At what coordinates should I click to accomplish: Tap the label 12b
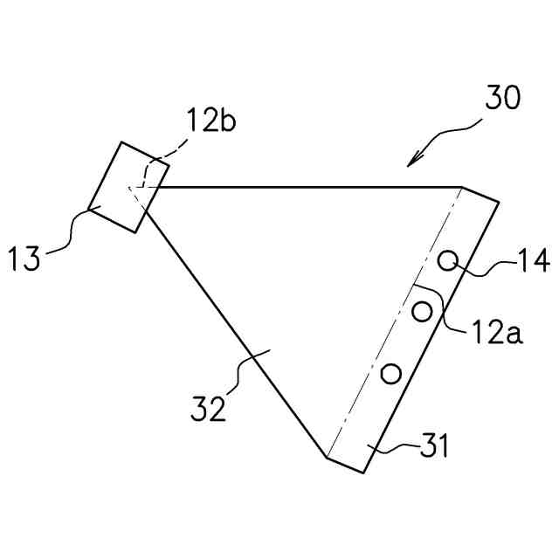coord(210,121)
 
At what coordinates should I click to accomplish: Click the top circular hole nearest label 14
coord(448,260)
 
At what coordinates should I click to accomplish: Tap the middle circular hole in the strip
coord(423,311)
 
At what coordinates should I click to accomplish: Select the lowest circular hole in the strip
coord(390,374)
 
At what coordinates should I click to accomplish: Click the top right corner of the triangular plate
coord(462,187)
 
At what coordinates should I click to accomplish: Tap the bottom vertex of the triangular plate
coord(327,457)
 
